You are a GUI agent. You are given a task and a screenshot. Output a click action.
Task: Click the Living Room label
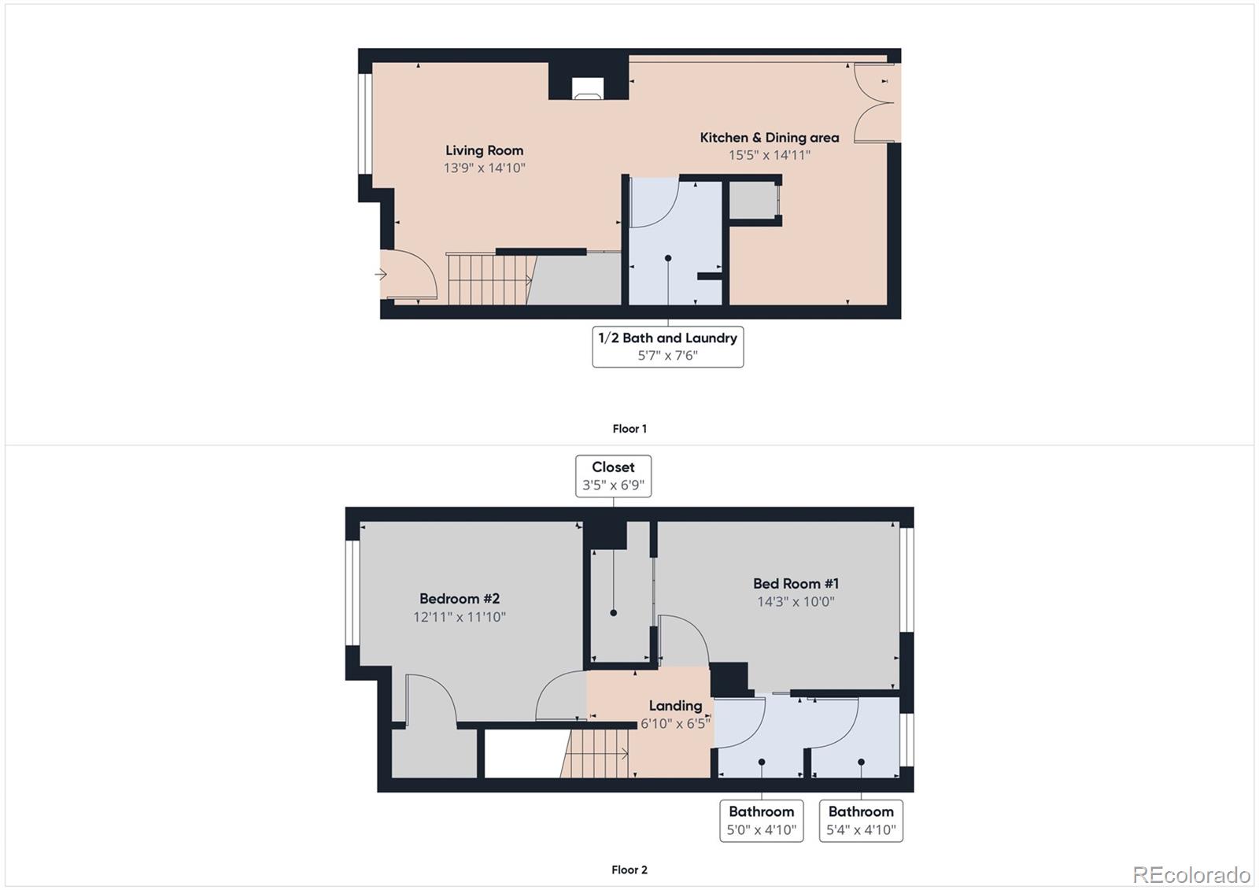(x=484, y=150)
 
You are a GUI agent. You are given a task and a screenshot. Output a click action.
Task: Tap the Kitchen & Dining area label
(x=769, y=138)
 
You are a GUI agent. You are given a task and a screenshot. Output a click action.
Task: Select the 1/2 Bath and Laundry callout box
(x=667, y=346)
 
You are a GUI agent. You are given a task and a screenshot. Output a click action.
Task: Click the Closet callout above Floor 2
(x=613, y=475)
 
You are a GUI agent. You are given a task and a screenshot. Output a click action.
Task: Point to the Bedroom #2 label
(x=460, y=599)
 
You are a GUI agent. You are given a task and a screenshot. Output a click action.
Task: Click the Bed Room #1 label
(x=796, y=584)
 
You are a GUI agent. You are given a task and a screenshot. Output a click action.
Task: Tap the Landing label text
(x=675, y=706)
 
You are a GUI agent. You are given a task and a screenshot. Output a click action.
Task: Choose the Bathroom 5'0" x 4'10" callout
(x=761, y=820)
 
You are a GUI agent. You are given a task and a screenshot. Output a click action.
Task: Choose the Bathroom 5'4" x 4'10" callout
(x=861, y=820)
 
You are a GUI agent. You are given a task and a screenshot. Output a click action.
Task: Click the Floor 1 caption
(x=629, y=429)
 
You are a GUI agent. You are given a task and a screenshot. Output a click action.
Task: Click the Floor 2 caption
(x=629, y=870)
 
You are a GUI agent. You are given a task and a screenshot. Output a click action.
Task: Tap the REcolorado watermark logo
(x=1191, y=874)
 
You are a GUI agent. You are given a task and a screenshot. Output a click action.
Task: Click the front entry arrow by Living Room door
(x=381, y=275)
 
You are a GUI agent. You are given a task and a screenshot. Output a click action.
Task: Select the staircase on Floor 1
(x=488, y=279)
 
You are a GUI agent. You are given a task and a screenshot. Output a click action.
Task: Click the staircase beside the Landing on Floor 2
(x=596, y=754)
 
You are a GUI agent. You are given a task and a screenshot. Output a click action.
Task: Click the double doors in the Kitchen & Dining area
(x=876, y=103)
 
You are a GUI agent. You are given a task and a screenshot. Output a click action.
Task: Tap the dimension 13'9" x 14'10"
(x=484, y=168)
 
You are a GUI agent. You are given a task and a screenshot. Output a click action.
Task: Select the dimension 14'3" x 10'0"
(x=796, y=602)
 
